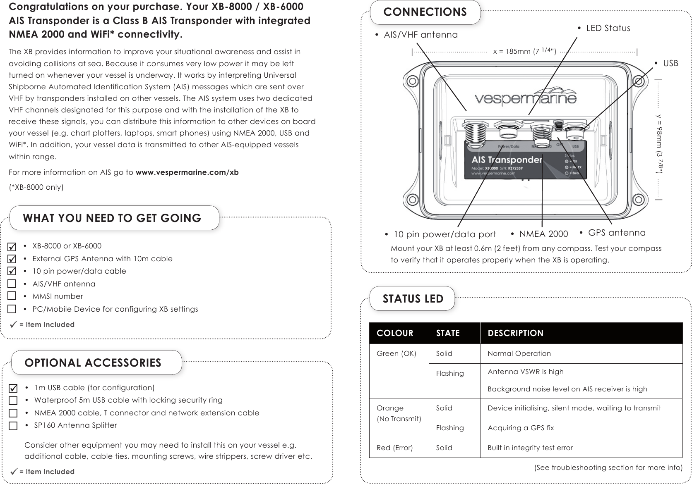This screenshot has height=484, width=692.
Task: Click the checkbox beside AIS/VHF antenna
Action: (12, 284)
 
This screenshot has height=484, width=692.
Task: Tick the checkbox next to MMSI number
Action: (12, 296)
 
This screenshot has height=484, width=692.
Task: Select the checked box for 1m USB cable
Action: (13, 388)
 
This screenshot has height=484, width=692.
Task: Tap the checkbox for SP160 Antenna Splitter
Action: (13, 426)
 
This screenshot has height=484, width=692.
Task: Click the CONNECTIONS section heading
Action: (425, 12)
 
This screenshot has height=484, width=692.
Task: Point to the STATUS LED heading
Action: (413, 298)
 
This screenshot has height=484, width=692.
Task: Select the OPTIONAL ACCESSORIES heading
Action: (93, 363)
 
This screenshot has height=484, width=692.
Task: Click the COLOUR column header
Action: (395, 333)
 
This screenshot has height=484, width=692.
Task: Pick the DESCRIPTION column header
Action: (515, 333)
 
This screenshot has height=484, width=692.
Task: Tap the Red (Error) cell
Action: (394, 448)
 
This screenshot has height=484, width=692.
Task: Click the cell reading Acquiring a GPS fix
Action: (520, 428)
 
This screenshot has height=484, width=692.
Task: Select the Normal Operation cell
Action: (519, 353)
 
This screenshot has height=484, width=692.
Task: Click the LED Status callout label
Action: (608, 28)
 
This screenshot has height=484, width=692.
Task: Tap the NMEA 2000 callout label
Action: (543, 234)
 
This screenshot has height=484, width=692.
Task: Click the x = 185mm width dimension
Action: (525, 51)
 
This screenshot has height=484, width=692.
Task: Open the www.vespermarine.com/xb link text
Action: (187, 172)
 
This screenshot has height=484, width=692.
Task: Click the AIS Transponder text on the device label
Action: (507, 160)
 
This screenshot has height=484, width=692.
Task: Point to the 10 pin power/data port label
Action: (445, 235)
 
